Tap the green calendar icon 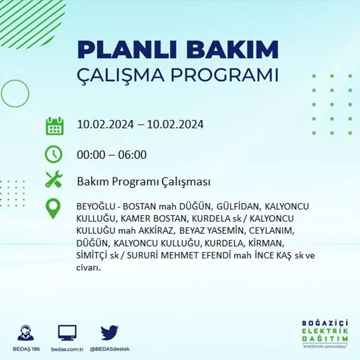[54, 126]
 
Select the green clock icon [54, 155]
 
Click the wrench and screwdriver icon [54, 180]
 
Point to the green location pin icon [53, 209]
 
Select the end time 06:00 [132, 155]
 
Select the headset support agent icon [26, 333]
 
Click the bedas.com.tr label [67, 349]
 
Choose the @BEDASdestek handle [110, 349]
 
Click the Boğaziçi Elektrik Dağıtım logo [325, 333]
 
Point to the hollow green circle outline [15, 93]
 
